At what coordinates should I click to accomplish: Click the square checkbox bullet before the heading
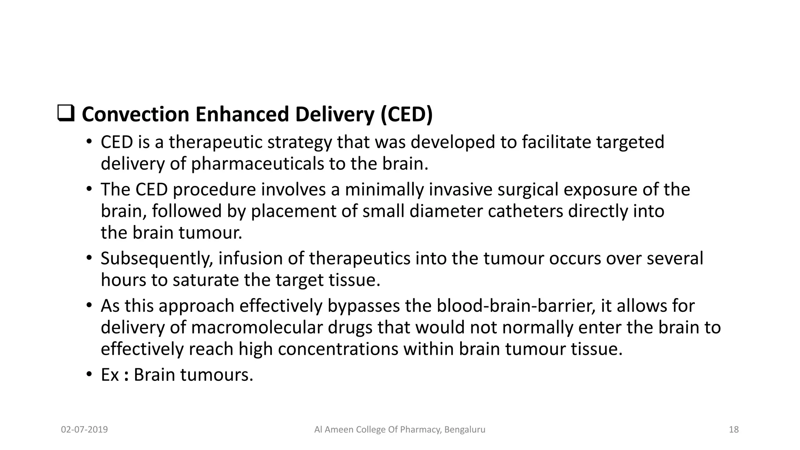66,113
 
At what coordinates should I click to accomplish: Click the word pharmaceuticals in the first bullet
257,164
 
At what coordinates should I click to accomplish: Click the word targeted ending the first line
630,142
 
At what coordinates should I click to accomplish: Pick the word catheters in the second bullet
525,211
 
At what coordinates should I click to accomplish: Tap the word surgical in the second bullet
528,190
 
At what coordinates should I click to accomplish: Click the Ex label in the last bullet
110,375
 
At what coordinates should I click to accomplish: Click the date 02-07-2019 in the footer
84,430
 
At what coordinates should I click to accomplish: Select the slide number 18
734,430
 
